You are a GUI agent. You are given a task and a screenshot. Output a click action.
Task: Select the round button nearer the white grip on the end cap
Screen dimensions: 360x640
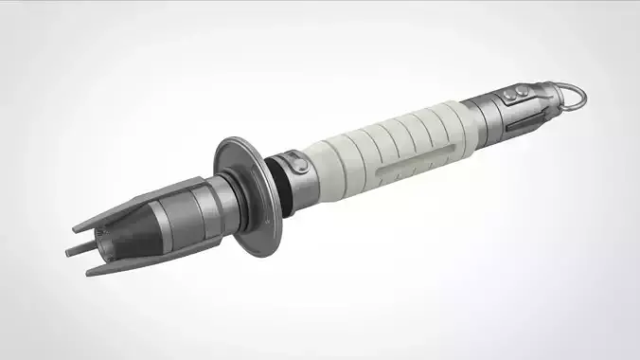click(x=510, y=96)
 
